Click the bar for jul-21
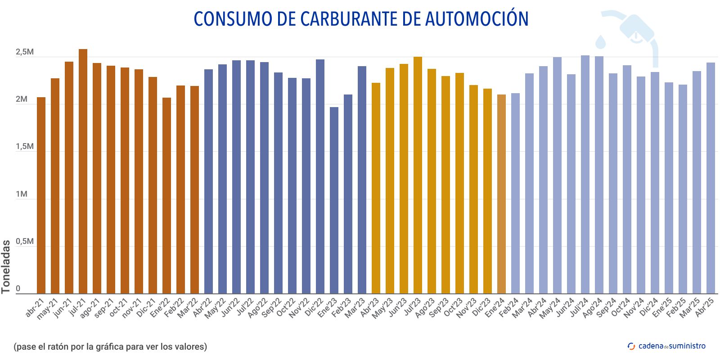coord(83,171)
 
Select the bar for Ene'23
coord(334,200)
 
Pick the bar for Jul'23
coord(418,175)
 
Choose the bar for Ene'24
coord(501,194)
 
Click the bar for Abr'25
coord(711,178)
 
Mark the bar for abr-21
coord(41,195)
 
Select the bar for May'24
coord(557,175)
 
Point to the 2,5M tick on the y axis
coord(25,52)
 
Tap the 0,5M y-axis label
coord(25,242)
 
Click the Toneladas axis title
coord(6,266)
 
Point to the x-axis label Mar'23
coord(355,308)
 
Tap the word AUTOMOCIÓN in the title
coord(477,19)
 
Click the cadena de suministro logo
coord(666,346)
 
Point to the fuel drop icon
coord(600,42)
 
